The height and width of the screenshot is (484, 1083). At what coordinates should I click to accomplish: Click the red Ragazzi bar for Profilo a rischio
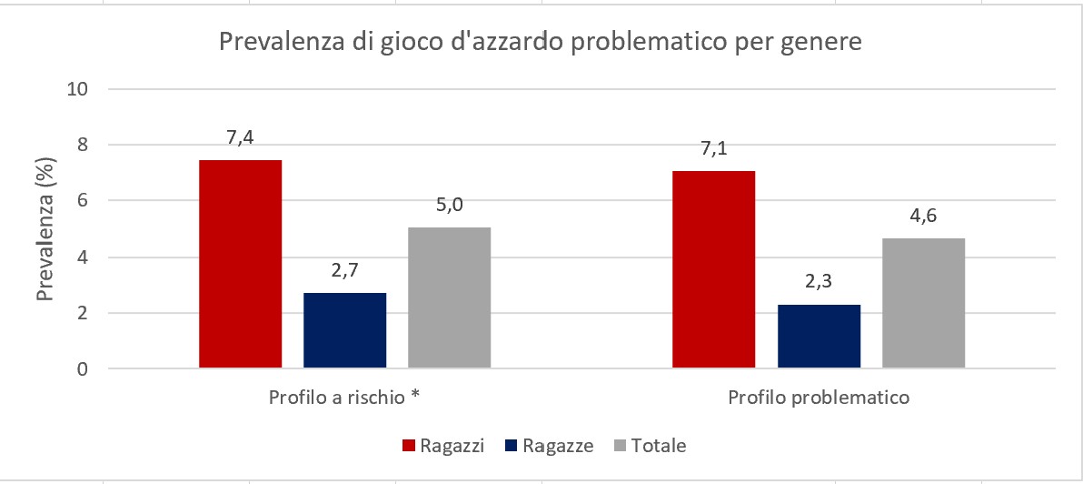241,264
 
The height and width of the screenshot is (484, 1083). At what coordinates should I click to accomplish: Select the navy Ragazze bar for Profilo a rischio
345,330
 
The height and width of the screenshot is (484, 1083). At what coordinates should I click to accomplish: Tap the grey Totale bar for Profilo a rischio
449,297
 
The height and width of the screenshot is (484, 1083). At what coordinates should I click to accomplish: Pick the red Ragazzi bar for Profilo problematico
713,269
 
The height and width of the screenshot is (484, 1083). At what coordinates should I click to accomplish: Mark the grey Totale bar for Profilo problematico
923,303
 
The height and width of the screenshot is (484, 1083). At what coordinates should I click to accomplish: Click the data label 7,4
241,138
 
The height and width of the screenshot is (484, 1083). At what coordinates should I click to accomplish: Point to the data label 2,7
345,271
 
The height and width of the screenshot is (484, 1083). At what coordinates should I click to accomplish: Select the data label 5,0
449,206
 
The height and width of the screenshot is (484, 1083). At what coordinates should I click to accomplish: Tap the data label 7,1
713,149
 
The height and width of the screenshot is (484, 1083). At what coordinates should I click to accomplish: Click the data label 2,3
819,283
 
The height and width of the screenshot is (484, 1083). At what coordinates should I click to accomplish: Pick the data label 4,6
923,217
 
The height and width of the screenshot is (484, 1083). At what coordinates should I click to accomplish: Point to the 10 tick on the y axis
79,89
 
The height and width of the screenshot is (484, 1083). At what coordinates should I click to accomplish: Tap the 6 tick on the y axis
84,201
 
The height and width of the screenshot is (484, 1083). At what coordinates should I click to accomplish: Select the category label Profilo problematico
819,398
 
